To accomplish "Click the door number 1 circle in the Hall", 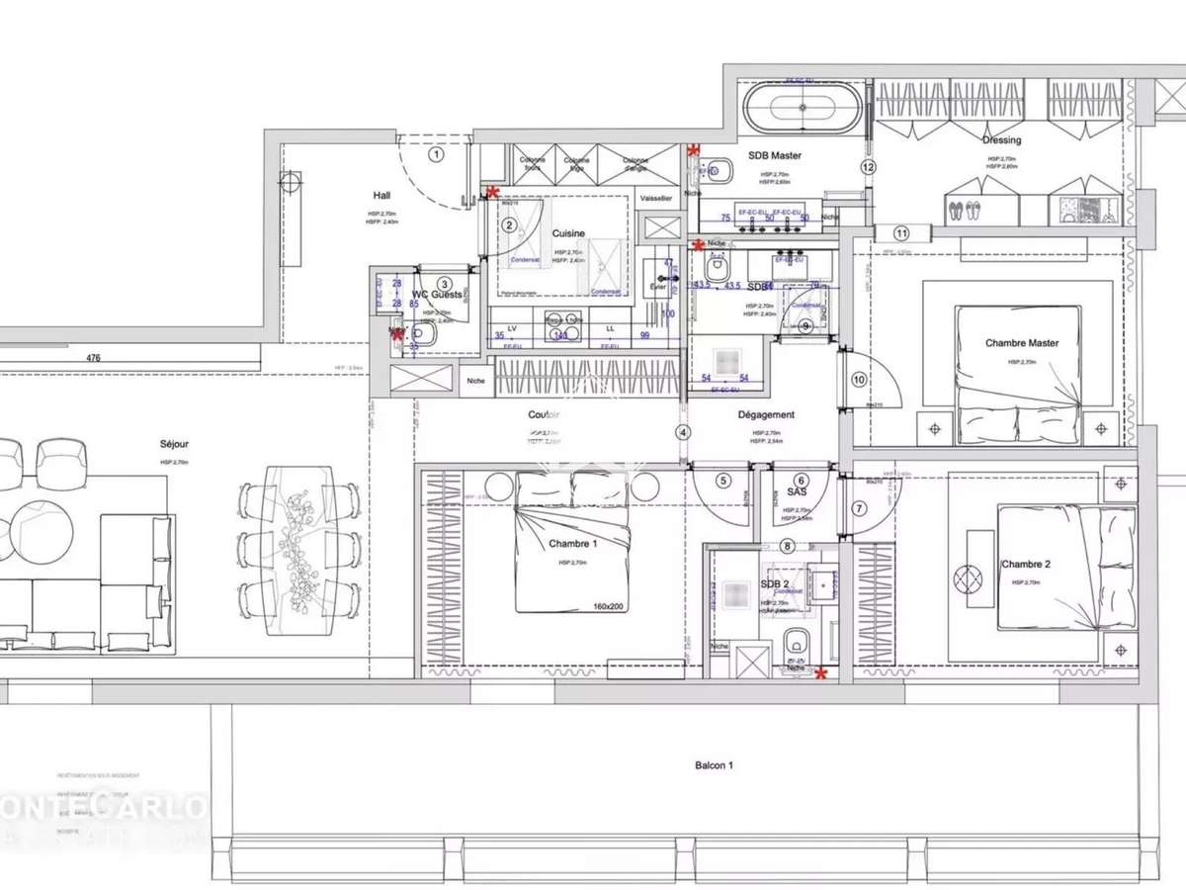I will pyautogui.click(x=437, y=153).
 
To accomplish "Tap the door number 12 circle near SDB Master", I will pyautogui.click(x=868, y=167).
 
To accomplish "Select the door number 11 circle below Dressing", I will pyautogui.click(x=900, y=233).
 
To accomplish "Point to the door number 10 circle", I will pyautogui.click(x=858, y=378).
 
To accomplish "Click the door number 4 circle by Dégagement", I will pyautogui.click(x=682, y=432).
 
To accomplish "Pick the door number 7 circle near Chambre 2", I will pyautogui.click(x=858, y=508).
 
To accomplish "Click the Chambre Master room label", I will pyautogui.click(x=1021, y=343).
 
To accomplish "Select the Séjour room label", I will pyautogui.click(x=174, y=445).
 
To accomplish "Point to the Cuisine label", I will pyautogui.click(x=568, y=234).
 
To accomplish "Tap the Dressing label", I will pyautogui.click(x=1001, y=140).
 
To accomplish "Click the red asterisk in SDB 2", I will pyautogui.click(x=819, y=674).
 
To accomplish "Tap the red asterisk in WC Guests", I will pyautogui.click(x=397, y=335).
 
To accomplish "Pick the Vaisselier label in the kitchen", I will pyautogui.click(x=656, y=199).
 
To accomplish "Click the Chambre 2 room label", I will pyautogui.click(x=1025, y=565).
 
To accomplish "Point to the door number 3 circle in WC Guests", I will pyautogui.click(x=445, y=284).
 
